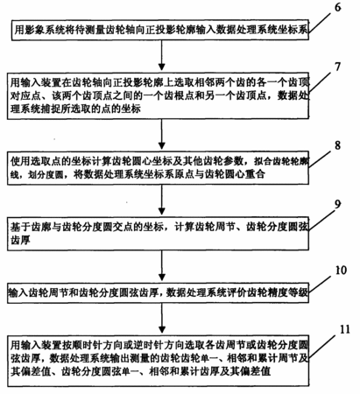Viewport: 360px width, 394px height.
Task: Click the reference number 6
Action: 337,8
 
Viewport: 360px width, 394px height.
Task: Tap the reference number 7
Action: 337,67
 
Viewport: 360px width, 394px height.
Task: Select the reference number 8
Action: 337,145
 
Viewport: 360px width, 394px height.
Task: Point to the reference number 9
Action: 337,204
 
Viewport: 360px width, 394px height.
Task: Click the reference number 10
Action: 341,271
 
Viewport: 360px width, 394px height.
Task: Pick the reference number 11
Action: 344,329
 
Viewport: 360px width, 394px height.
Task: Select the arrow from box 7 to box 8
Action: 161,134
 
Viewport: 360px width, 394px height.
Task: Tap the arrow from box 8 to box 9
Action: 161,200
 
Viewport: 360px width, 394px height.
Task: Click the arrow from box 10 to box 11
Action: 161,318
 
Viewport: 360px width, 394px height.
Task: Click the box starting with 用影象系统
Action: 160,30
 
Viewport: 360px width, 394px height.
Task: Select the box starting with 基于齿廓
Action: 159,234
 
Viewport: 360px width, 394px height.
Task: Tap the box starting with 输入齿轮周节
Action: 159,292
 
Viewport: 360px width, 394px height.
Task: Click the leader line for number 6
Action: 321,22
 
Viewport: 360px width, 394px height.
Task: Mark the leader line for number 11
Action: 321,346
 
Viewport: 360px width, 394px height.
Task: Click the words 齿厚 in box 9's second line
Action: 20,241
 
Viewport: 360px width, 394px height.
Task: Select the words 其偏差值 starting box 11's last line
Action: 31,371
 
